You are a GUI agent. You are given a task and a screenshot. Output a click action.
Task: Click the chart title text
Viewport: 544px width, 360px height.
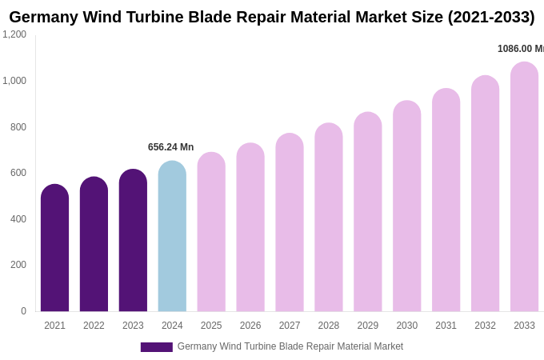(272, 17)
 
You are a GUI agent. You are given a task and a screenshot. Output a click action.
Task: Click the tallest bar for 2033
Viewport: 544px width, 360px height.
(524, 187)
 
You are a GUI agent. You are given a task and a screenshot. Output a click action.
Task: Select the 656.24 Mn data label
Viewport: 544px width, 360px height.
(170, 147)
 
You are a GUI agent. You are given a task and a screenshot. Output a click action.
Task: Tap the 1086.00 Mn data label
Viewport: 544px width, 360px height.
(520, 49)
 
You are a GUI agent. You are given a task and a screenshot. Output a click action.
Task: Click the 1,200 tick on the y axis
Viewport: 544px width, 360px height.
(14, 34)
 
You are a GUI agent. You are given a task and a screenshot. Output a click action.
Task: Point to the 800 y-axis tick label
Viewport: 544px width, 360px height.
(18, 127)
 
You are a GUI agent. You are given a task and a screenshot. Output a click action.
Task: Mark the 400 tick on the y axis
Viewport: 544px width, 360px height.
(18, 219)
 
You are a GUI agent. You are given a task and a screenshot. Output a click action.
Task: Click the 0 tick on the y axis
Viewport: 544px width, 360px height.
(23, 311)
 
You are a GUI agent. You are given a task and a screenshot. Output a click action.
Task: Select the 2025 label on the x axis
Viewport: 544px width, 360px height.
(211, 326)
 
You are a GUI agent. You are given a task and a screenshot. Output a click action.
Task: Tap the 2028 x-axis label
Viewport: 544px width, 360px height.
(329, 326)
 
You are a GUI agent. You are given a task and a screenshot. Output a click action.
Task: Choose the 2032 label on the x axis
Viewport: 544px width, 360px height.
(485, 326)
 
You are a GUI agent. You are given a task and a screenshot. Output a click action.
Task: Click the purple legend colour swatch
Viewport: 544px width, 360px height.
(156, 347)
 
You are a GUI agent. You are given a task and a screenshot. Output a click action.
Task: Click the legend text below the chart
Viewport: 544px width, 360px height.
(290, 346)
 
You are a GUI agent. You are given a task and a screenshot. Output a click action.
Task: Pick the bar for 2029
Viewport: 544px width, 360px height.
(368, 212)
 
